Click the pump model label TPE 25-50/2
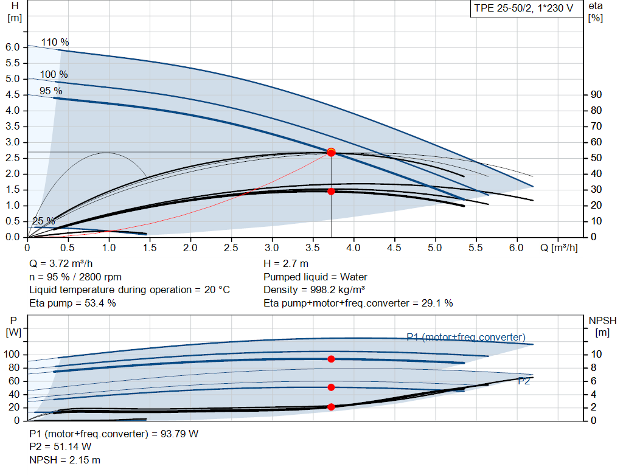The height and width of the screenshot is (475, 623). click(523, 9)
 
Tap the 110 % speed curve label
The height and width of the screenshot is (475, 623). click(55, 43)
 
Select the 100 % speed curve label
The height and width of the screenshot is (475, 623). click(54, 75)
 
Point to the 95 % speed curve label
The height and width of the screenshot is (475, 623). click(50, 91)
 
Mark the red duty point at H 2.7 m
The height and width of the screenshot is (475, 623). click(331, 152)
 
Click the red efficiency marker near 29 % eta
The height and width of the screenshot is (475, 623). click(331, 191)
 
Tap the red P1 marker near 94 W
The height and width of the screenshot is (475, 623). click(331, 359)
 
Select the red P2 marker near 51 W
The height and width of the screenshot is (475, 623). click(331, 387)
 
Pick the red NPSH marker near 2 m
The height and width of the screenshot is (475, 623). click(331, 407)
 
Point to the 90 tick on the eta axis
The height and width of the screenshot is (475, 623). click(596, 95)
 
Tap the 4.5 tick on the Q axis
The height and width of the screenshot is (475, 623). click(394, 248)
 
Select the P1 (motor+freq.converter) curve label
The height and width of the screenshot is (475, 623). click(466, 337)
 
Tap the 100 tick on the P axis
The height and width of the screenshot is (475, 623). click(12, 354)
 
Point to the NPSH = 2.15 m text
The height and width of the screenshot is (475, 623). click(65, 460)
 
